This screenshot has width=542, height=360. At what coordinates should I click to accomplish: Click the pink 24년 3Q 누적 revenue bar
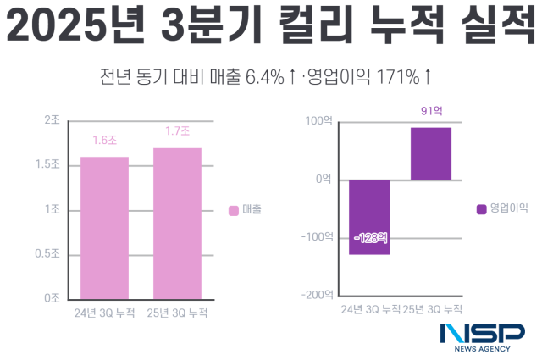pos(105,227)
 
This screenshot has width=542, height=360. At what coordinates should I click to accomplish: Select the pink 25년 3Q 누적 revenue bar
pos(177,223)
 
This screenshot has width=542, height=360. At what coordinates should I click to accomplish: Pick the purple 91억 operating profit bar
pos(431,153)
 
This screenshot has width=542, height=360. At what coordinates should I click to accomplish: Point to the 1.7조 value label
pos(177,131)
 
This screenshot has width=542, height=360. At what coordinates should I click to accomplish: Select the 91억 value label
pos(432,111)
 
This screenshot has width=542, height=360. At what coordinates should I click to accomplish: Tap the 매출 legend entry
pos(246,208)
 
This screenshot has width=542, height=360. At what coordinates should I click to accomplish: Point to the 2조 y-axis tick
pos(52,120)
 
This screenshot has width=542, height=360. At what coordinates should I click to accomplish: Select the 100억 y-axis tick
pos(318,121)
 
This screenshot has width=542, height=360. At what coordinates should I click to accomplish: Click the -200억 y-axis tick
pos(316,295)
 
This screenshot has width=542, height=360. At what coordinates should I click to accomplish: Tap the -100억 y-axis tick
pos(316,237)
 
